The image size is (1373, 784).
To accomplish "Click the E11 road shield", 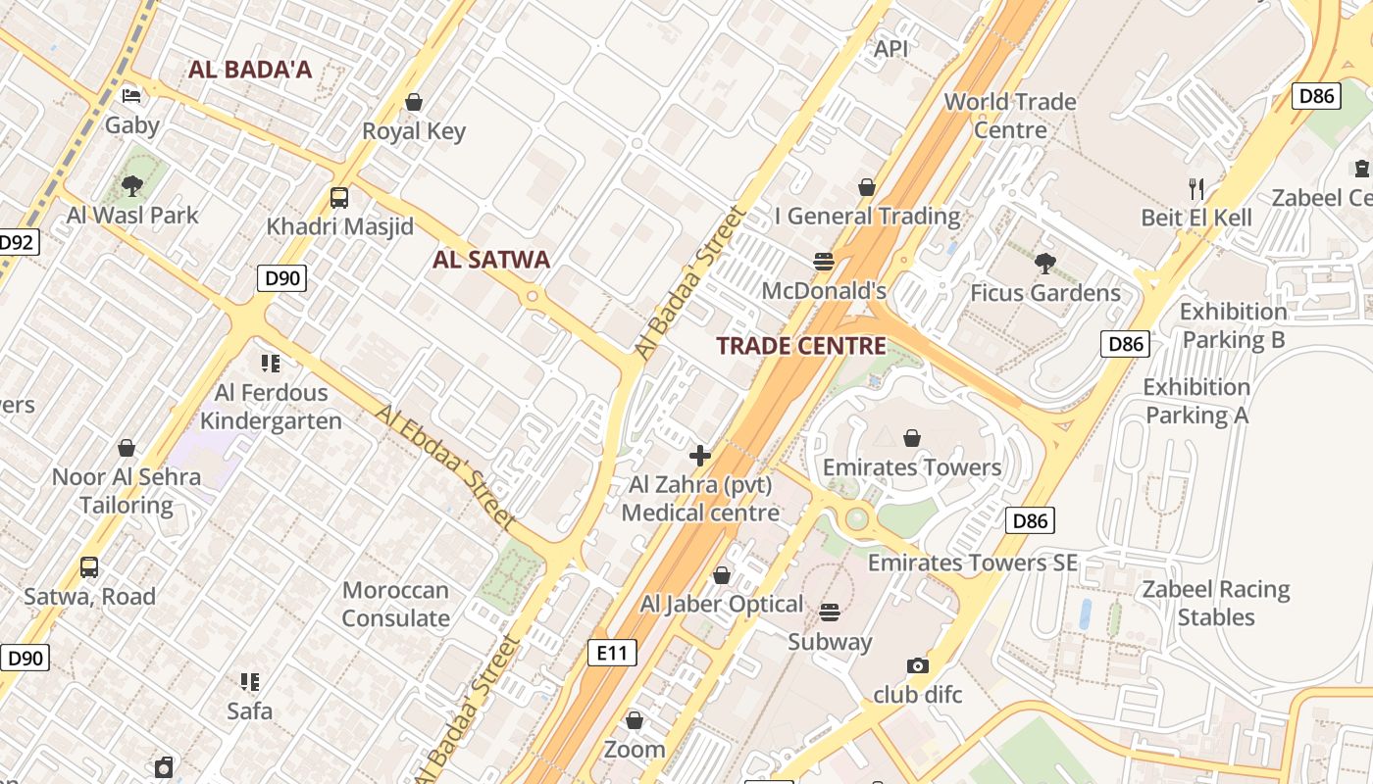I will [612, 653].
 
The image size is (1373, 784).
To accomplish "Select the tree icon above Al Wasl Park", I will [132, 185].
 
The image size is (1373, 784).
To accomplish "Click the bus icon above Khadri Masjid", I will [339, 197].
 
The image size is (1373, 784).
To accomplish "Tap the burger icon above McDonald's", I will [824, 262].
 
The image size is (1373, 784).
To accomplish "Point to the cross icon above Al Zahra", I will [700, 455].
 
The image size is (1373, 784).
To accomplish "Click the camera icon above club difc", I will [918, 665].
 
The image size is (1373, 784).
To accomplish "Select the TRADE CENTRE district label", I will [800, 346].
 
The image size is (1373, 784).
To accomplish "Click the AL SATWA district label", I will [491, 260].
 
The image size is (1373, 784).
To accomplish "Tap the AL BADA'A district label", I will [250, 70].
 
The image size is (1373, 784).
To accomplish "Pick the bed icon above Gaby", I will [131, 96].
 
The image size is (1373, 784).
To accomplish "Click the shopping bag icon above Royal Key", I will [414, 102].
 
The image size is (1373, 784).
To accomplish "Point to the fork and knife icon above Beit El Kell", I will [1195, 188].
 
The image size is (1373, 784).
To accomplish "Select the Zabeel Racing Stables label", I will [1215, 603].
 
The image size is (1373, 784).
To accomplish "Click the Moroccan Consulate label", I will [395, 604].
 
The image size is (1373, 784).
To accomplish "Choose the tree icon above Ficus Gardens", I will [1044, 263].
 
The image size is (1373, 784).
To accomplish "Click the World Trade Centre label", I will [1009, 116].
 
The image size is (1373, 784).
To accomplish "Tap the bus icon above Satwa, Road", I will [89, 566].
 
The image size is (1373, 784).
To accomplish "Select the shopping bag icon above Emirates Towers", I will [912, 437].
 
